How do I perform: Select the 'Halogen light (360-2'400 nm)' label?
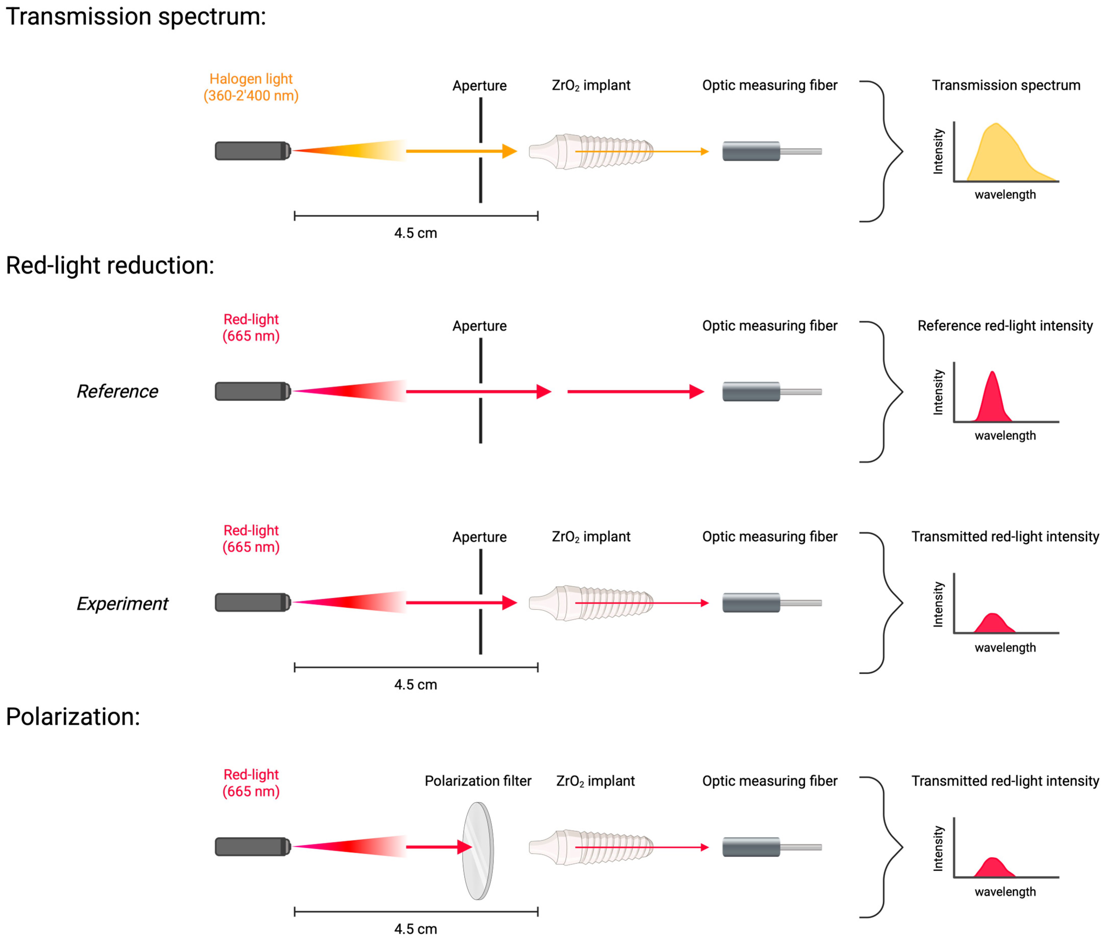(x=251, y=87)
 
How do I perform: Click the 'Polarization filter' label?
(x=477, y=781)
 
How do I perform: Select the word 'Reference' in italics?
(x=117, y=392)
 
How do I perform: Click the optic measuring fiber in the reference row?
(x=771, y=392)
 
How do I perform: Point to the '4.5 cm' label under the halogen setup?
(x=415, y=233)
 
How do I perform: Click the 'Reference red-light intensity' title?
(x=1004, y=326)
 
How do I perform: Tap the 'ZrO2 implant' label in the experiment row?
(x=591, y=537)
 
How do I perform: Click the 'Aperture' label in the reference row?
(x=479, y=326)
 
